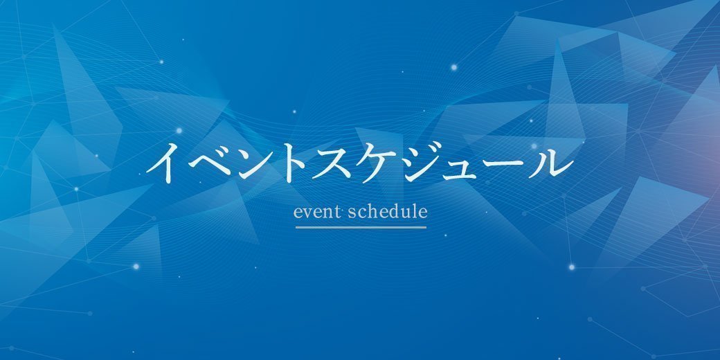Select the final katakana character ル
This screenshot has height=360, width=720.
coord(551,163)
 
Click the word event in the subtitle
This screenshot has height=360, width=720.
coord(318,213)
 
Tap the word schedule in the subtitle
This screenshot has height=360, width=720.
coord(388,212)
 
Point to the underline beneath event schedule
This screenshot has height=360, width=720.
coord(361,227)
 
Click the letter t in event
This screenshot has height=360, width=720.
coord(338,213)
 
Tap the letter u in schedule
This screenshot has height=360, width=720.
coord(406,213)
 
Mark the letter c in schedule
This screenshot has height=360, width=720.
coord(361,213)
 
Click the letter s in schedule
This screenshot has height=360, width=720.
coord(352,213)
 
